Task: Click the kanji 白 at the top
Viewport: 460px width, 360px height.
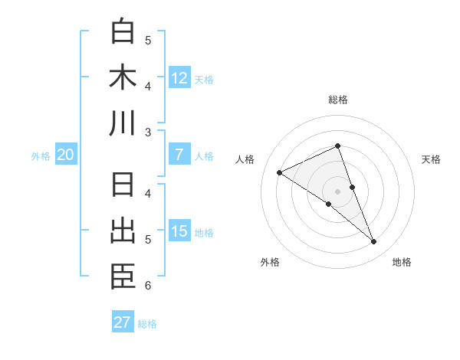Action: pyautogui.click(x=123, y=31)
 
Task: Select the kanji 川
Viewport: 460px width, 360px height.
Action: pyautogui.click(x=123, y=123)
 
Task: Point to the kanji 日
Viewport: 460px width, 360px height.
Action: pyautogui.click(x=123, y=186)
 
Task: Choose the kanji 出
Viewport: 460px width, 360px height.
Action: pyautogui.click(x=123, y=231)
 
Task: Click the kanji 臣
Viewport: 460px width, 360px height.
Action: pyautogui.click(x=123, y=277)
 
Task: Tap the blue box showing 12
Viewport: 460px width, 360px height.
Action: pyautogui.click(x=179, y=77)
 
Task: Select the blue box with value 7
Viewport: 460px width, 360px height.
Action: pyautogui.click(x=179, y=155)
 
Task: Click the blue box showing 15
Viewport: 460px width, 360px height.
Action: pyautogui.click(x=179, y=231)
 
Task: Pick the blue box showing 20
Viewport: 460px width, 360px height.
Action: pyautogui.click(x=66, y=155)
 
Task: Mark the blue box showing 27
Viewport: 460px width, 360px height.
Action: pyautogui.click(x=123, y=322)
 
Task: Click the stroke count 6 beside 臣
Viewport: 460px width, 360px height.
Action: pyautogui.click(x=148, y=286)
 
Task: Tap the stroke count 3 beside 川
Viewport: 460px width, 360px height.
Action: pyautogui.click(x=148, y=132)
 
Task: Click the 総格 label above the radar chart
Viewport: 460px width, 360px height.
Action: pyautogui.click(x=338, y=100)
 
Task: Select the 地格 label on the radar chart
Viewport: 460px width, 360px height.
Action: pyautogui.click(x=402, y=262)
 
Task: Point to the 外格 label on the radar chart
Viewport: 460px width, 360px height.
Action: pyautogui.click(x=270, y=262)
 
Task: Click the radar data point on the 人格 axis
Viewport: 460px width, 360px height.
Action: pyautogui.click(x=280, y=172)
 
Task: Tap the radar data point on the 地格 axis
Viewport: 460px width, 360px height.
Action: pyautogui.click(x=374, y=242)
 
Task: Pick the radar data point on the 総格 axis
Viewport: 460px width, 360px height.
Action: pyautogui.click(x=338, y=146)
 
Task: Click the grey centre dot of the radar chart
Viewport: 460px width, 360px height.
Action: pyautogui.click(x=338, y=191)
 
